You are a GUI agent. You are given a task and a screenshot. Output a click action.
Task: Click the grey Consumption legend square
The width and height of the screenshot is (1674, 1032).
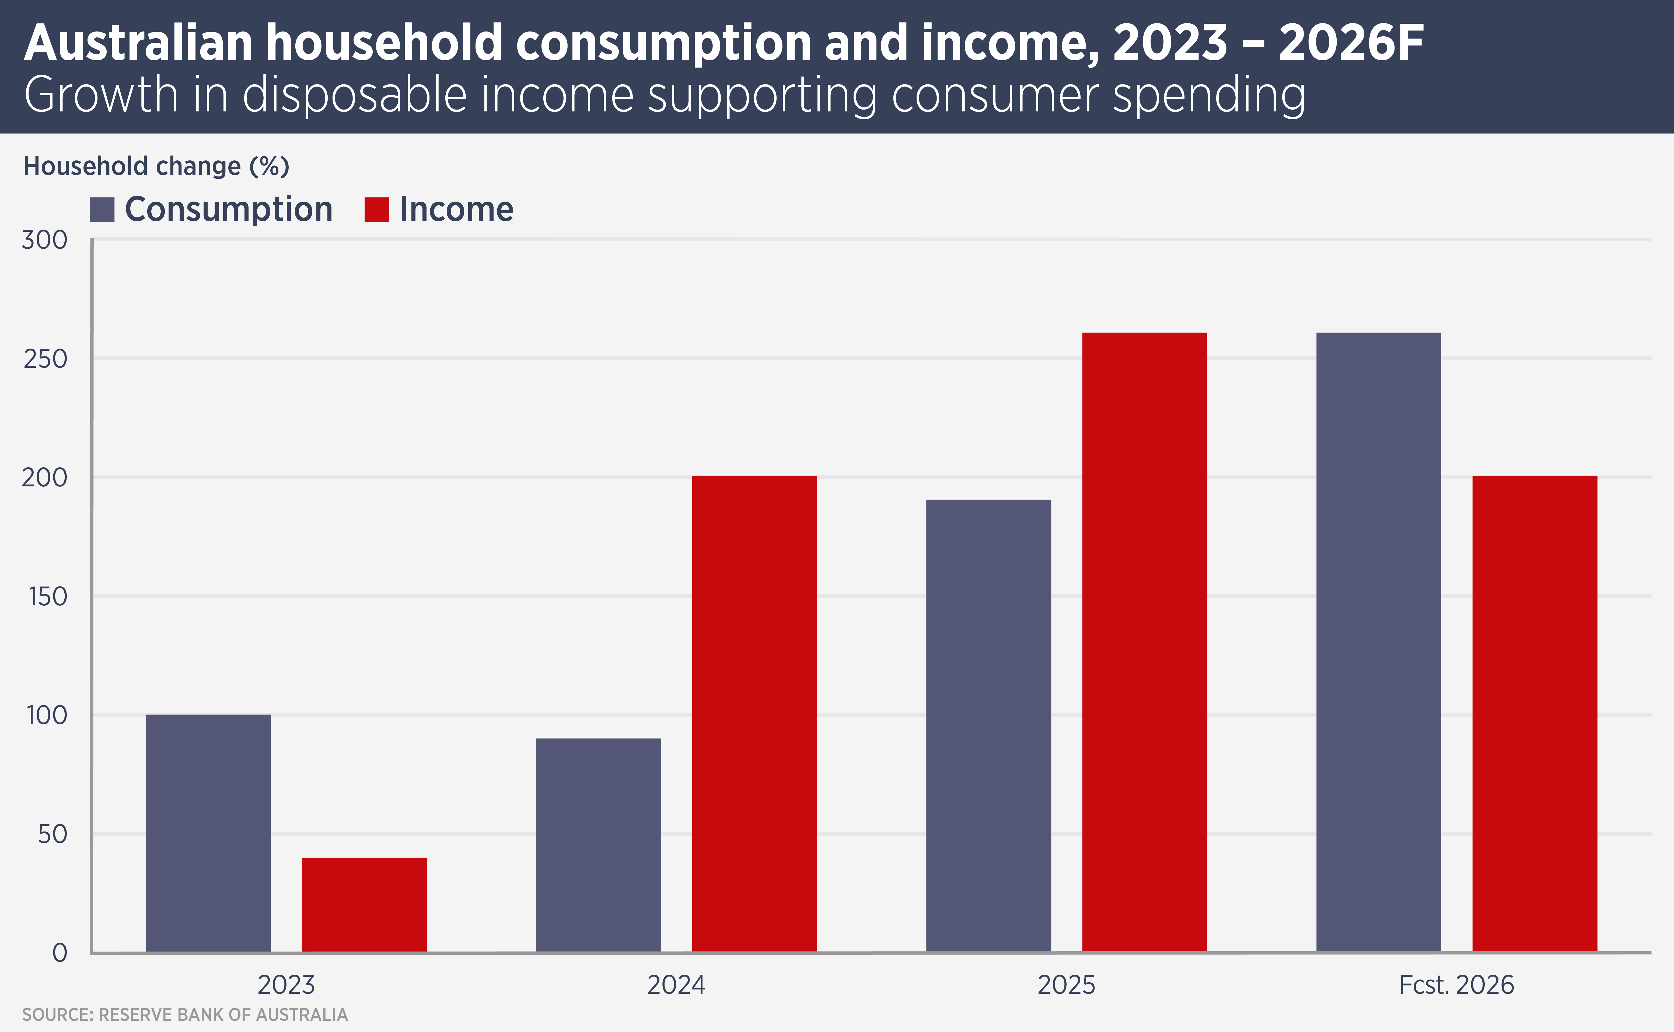[x=102, y=209]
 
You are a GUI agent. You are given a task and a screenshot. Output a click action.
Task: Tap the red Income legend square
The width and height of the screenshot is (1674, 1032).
[x=377, y=209]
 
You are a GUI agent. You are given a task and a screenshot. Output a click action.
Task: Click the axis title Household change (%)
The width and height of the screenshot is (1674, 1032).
[x=156, y=167]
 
